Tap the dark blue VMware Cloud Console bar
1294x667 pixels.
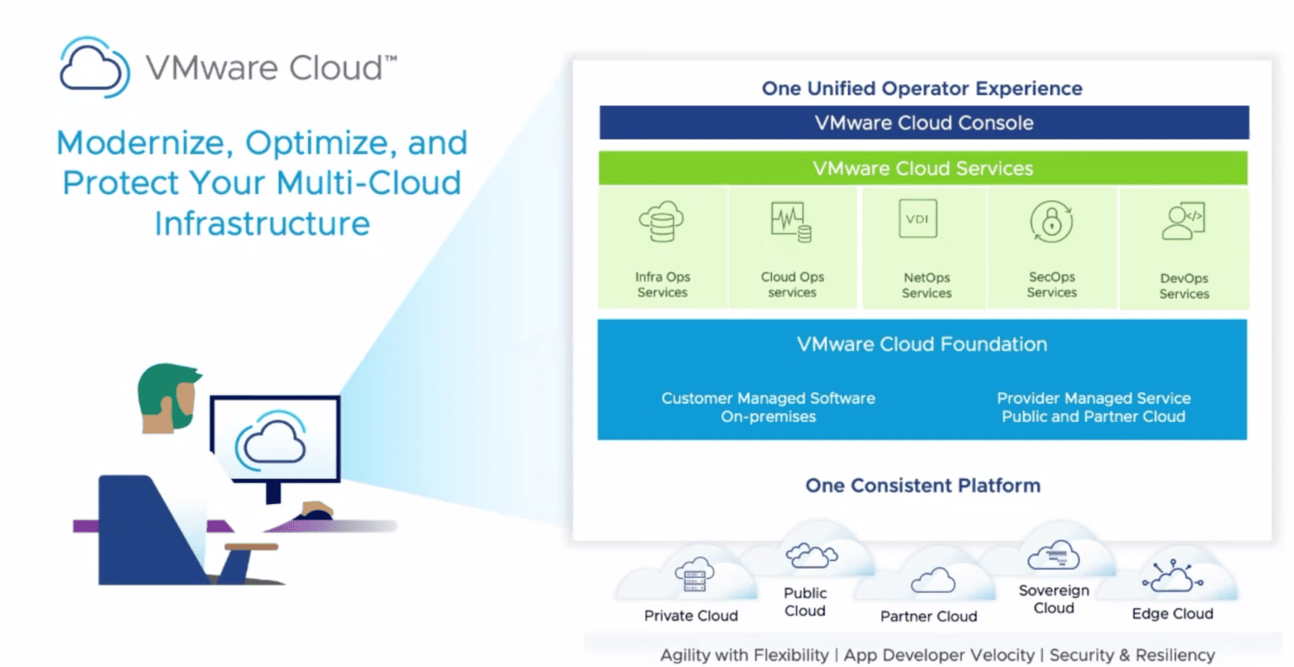[x=924, y=123]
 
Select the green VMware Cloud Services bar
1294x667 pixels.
[x=922, y=168]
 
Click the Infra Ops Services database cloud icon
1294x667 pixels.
[x=662, y=222]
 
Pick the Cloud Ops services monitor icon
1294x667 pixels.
[x=791, y=222]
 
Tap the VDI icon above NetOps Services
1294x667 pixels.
[x=918, y=218]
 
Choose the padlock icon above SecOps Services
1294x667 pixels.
[x=1052, y=222]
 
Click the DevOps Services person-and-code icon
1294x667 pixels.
[x=1183, y=220]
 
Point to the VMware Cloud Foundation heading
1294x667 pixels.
[x=922, y=344]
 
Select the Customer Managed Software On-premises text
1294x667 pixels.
[x=769, y=407]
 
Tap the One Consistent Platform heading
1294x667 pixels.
[x=923, y=486]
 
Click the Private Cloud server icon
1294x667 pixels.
[x=694, y=575]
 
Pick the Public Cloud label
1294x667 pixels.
[x=805, y=601]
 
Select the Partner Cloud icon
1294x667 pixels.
[x=933, y=581]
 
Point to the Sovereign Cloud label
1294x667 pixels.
[x=1053, y=600]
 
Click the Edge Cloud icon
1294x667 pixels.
[x=1172, y=576]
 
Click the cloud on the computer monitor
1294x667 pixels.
[x=271, y=441]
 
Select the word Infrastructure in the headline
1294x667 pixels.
[x=262, y=223]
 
